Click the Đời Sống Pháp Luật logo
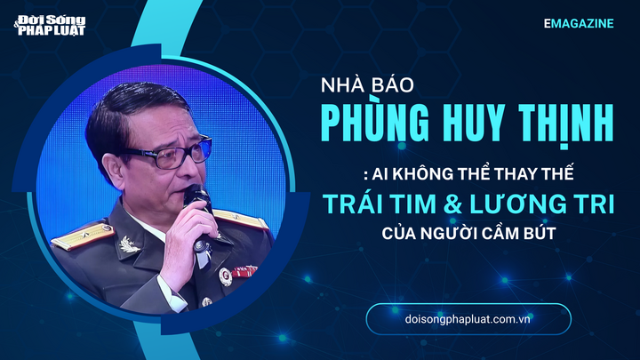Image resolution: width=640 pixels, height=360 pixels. point(55,23)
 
